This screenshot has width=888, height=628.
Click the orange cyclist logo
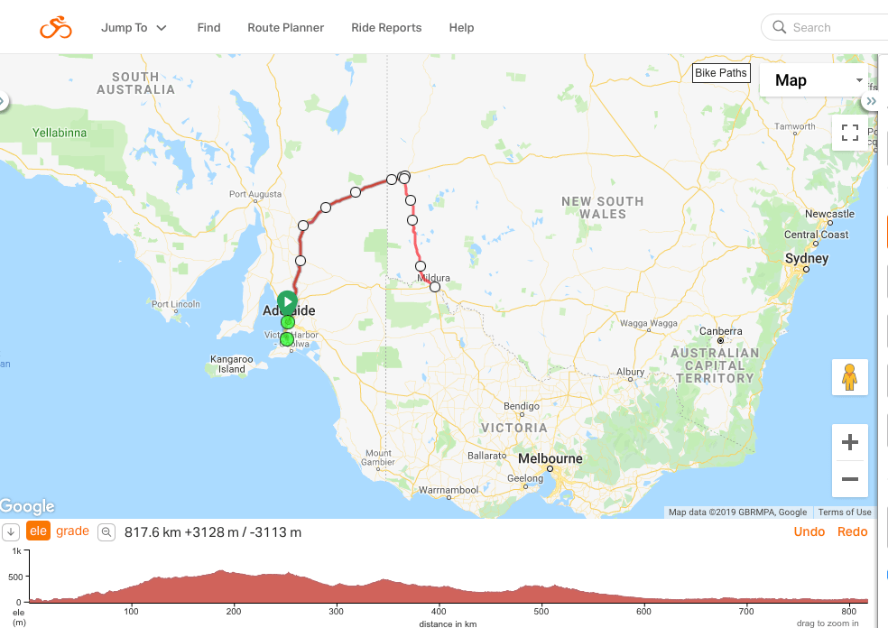click(55, 27)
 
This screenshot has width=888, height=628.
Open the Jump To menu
click(134, 27)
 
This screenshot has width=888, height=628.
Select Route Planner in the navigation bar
click(285, 27)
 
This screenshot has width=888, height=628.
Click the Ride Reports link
click(386, 27)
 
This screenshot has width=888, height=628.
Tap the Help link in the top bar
click(461, 27)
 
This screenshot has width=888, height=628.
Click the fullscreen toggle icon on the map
click(849, 134)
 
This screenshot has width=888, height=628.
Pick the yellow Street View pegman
click(849, 377)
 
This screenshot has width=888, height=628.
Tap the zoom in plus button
click(849, 442)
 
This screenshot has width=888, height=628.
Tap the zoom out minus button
click(849, 479)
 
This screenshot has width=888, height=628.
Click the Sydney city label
click(806, 259)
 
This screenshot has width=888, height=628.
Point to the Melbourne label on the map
click(550, 458)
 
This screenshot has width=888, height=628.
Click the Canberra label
click(722, 330)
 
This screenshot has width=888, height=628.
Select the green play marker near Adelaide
click(287, 301)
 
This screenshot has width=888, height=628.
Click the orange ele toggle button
click(38, 531)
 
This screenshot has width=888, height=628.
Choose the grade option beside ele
click(72, 531)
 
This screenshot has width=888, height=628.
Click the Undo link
click(809, 531)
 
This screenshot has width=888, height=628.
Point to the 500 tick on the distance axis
click(541, 611)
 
